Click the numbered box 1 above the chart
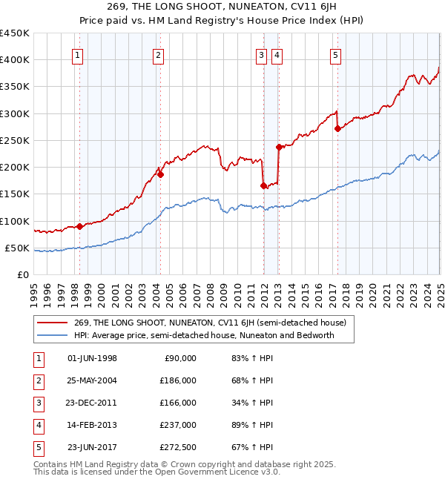78,54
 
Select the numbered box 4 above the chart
276,54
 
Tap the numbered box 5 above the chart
335,54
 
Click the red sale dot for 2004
159,175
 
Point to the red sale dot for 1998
79,226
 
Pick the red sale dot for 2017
337,128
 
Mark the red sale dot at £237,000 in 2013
279,147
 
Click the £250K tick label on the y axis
15,140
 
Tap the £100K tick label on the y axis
15,221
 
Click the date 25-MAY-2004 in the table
92,380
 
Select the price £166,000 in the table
178,403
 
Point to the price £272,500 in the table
178,447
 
